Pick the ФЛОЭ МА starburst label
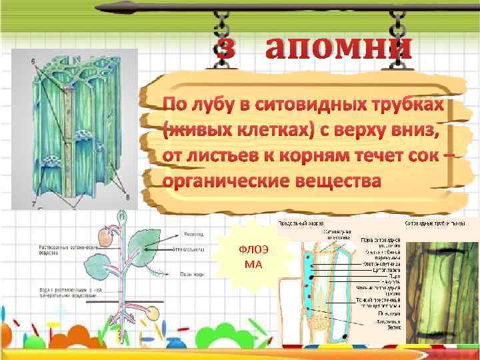253,257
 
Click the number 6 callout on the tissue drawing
33,61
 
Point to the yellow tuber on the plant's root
152,313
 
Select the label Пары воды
193,273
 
